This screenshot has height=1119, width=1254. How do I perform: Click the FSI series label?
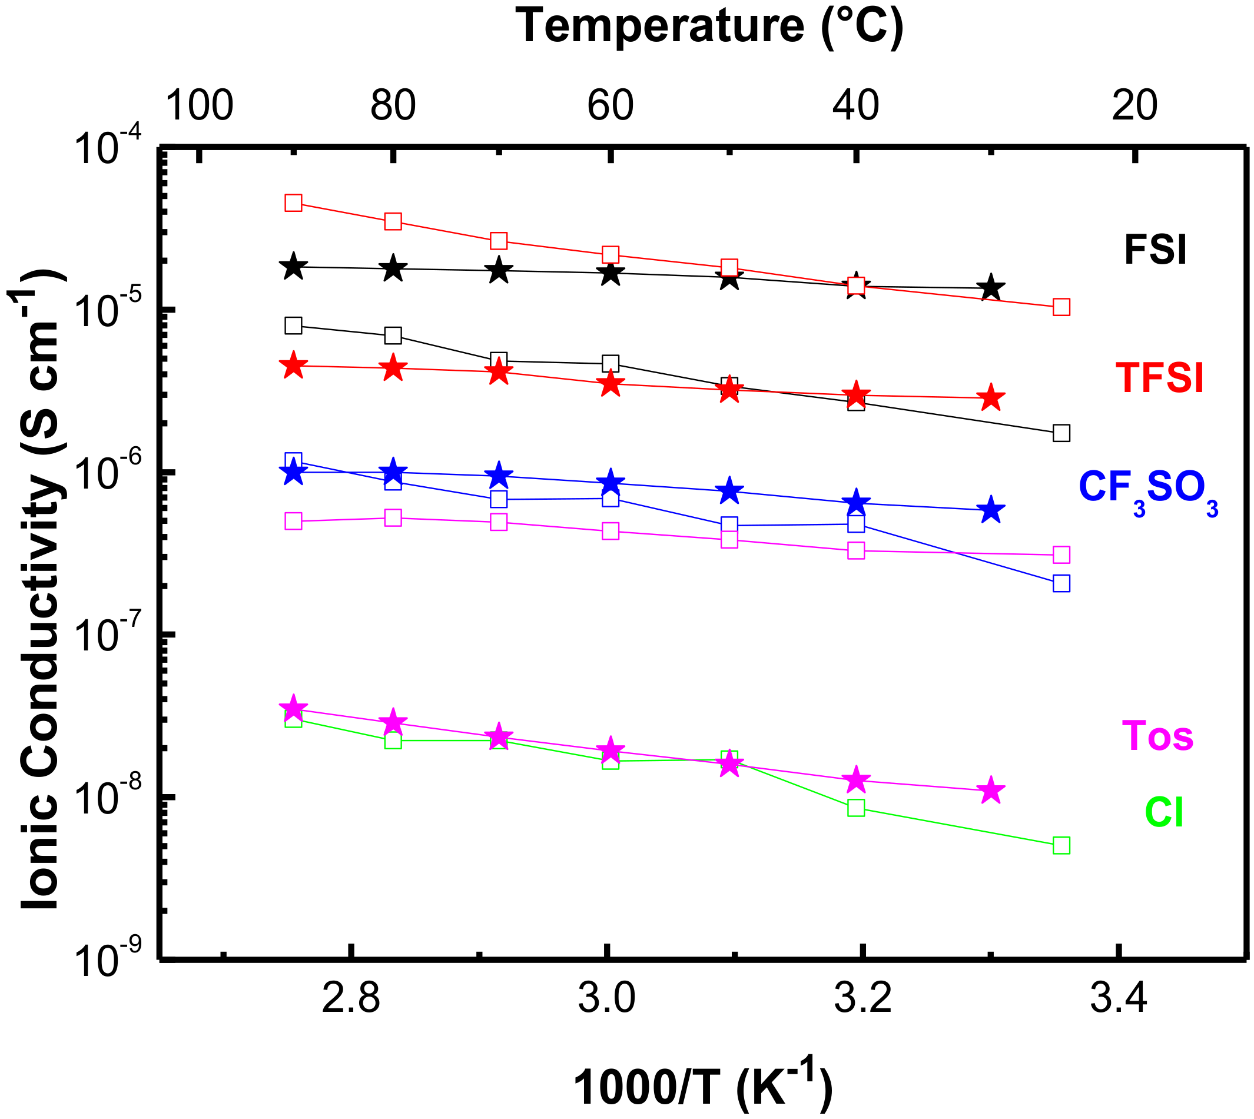click(1155, 250)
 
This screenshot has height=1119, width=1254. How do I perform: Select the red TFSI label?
click(1159, 377)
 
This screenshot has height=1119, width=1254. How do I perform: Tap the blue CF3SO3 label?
click(1147, 489)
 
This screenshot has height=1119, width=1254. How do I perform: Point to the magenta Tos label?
click(1157, 735)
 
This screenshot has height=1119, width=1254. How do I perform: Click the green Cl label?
click(1163, 813)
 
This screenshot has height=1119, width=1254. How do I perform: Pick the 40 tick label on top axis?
click(855, 105)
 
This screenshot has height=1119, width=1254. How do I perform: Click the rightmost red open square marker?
click(1061, 307)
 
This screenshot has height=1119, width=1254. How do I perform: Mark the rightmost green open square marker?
click(1061, 845)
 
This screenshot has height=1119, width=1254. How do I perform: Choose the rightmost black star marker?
click(991, 287)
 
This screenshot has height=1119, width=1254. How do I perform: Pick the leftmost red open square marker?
click(293, 203)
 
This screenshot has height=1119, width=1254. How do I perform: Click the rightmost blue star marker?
click(991, 510)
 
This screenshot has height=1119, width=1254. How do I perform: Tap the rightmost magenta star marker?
click(991, 791)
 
